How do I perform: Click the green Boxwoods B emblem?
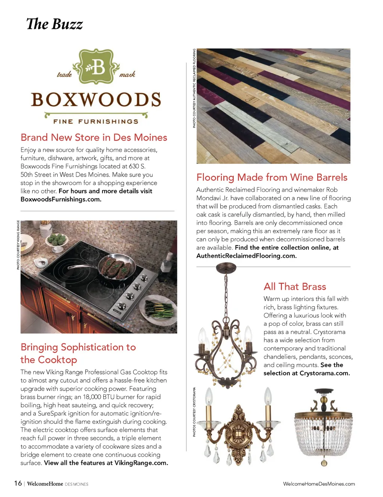tap(96, 67)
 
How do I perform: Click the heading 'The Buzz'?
tap(55, 24)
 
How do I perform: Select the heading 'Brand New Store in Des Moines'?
tap(94, 137)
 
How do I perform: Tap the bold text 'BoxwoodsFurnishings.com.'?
tap(61, 199)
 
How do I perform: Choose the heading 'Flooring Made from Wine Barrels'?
tap(272, 177)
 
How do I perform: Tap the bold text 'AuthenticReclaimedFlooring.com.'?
tap(246, 256)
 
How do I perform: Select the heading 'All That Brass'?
tap(295, 286)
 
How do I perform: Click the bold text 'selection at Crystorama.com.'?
tap(307, 373)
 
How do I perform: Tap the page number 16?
tap(18, 483)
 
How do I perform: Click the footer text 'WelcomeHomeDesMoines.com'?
tap(319, 484)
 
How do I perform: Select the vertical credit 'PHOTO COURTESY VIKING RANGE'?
tap(18, 245)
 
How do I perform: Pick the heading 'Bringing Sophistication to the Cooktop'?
tap(78, 353)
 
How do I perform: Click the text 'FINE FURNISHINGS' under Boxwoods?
tap(96, 122)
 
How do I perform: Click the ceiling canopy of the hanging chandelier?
tap(226, 267)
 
